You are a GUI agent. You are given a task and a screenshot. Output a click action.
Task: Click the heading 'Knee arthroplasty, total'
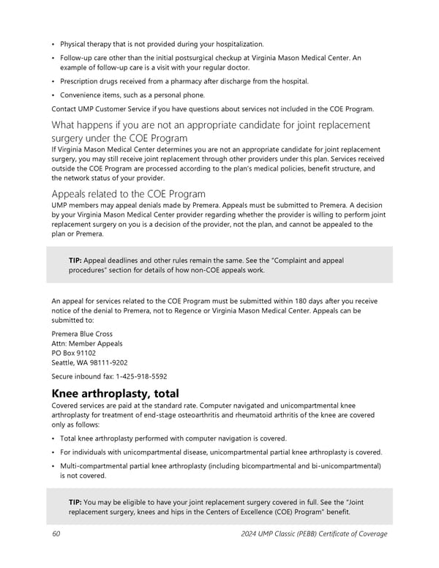click(x=115, y=393)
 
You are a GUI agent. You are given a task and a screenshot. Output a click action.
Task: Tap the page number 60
click(x=56, y=534)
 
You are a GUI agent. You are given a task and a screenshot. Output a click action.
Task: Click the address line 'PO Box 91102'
click(x=73, y=353)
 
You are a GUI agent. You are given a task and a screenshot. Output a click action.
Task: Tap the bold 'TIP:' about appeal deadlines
click(x=75, y=260)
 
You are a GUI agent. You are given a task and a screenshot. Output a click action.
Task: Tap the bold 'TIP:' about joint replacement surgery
click(x=75, y=502)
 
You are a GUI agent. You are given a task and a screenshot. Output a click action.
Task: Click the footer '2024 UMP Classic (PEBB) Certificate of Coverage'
click(x=314, y=534)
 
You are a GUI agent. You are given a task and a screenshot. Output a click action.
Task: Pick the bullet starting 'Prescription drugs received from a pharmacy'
click(x=184, y=81)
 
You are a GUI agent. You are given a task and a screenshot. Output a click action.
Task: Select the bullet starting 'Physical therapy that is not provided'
click(x=162, y=44)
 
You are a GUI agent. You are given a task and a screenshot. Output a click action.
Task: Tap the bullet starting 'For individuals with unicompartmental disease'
click(x=220, y=452)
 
